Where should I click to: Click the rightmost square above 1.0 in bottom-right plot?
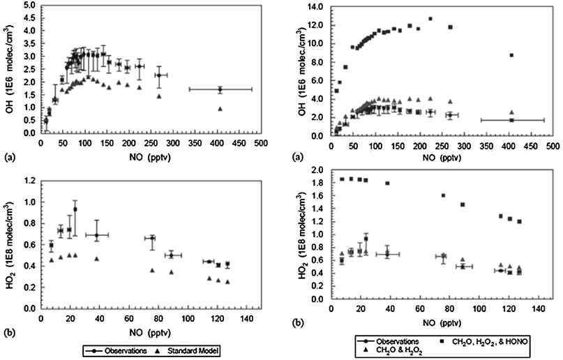click(519, 221)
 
